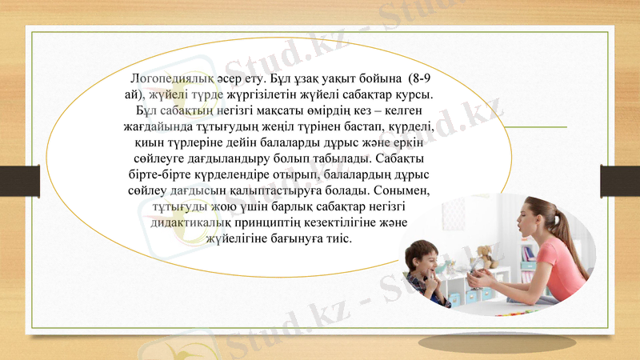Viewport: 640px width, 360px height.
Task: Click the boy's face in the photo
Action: tap(422, 262)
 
